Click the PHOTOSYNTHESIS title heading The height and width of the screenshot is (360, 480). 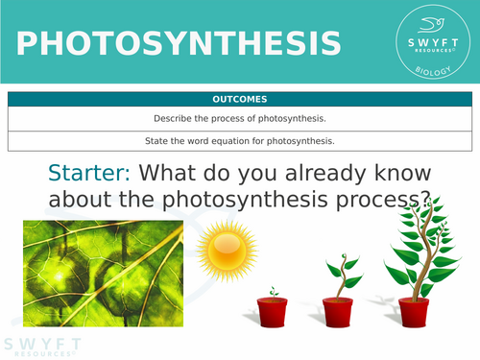(179, 43)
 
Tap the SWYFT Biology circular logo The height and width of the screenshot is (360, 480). (430, 41)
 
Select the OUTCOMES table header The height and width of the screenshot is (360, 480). (240, 99)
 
